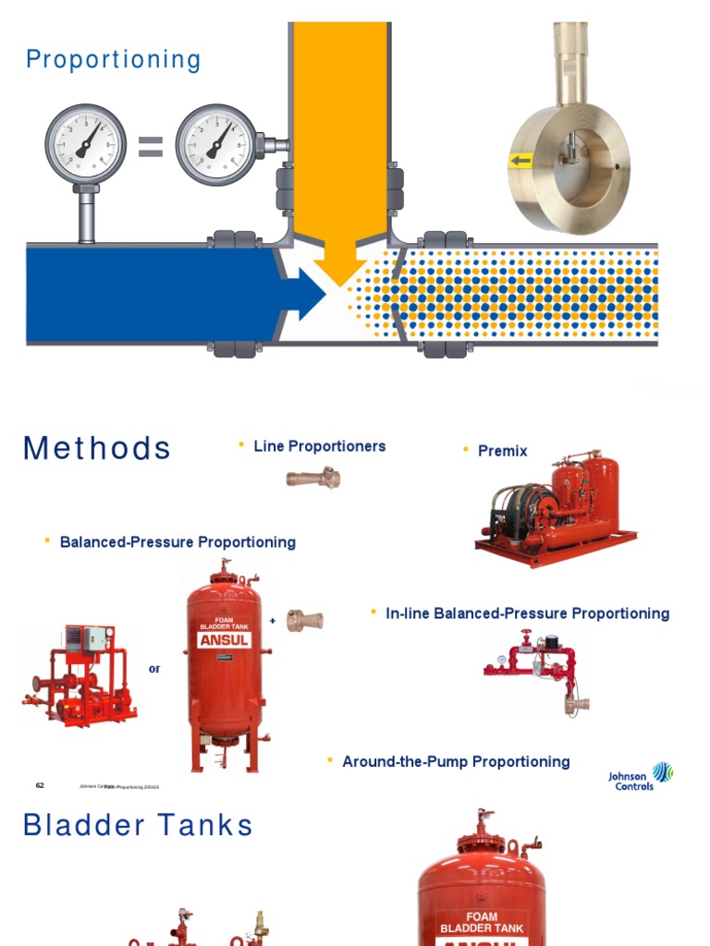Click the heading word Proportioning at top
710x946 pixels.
[113, 60]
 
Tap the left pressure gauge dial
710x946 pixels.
[85, 145]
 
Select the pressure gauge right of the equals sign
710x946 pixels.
[216, 145]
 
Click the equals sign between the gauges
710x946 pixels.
[151, 146]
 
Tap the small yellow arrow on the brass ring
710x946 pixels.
[520, 162]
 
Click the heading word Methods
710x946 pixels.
[97, 448]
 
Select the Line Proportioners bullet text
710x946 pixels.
[319, 446]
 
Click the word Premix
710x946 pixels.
[502, 451]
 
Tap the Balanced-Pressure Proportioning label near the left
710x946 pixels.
[177, 541]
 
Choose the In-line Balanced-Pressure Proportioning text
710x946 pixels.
[527, 613]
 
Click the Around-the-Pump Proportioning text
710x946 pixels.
[456, 761]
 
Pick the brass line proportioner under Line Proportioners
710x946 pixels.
[313, 478]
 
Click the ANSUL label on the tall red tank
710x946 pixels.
[224, 640]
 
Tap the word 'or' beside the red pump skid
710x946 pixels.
[154, 668]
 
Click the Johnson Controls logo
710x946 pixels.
[641, 776]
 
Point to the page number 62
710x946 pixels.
[40, 785]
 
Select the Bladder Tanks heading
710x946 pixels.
[138, 825]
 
